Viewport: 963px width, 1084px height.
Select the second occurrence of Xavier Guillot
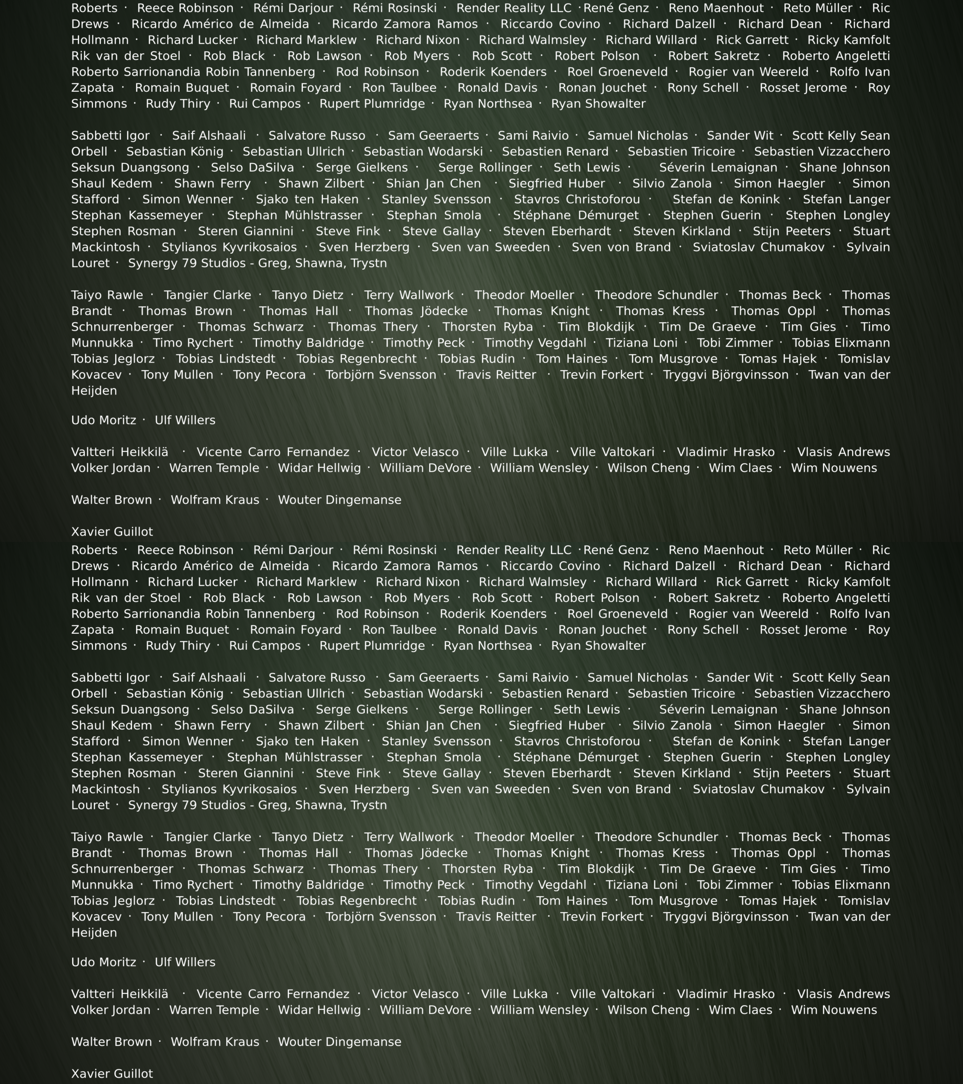112,1073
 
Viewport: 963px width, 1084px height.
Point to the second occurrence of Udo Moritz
103,962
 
